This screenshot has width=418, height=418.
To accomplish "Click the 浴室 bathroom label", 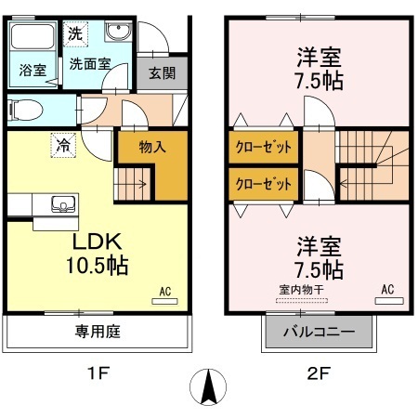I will click(32, 70).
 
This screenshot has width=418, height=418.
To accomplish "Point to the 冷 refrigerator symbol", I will click(62, 145).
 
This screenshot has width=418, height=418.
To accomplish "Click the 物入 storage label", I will click(152, 146).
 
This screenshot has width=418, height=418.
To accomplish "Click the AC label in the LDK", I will click(166, 291).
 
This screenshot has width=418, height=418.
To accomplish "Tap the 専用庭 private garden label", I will click(98, 332).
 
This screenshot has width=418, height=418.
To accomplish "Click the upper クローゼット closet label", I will click(265, 148).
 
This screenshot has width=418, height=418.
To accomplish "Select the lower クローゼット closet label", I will click(265, 183).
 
